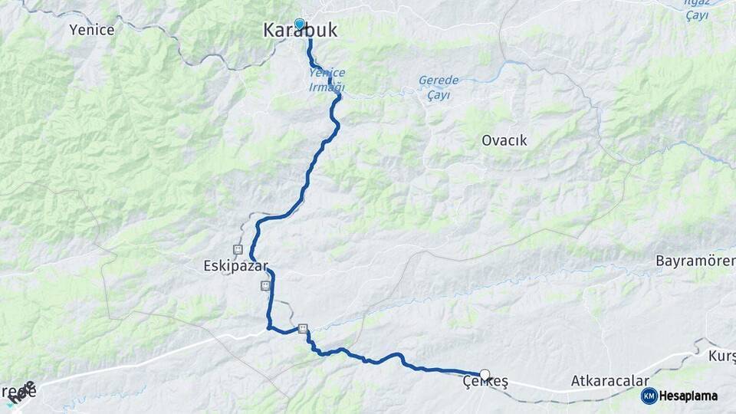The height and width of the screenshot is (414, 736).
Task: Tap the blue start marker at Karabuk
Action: [x=300, y=24]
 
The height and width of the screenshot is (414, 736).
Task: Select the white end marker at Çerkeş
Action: [x=485, y=375]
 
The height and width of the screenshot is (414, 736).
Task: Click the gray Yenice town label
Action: [x=91, y=30]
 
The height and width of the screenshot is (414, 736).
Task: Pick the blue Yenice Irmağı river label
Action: [x=327, y=80]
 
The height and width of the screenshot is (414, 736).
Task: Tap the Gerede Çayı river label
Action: [x=439, y=87]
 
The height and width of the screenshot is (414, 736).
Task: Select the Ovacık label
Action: [x=504, y=141]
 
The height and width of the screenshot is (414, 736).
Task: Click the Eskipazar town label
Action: [x=235, y=267]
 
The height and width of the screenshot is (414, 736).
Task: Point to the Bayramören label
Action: [x=695, y=261]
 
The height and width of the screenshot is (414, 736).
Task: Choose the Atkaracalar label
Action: [x=609, y=381]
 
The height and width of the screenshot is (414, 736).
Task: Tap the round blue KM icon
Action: [x=649, y=396]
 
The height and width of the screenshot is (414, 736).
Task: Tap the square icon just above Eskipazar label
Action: [x=238, y=250]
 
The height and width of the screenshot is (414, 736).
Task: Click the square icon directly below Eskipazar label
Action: [x=265, y=286]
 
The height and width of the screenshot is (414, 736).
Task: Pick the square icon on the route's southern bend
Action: [x=303, y=328]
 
